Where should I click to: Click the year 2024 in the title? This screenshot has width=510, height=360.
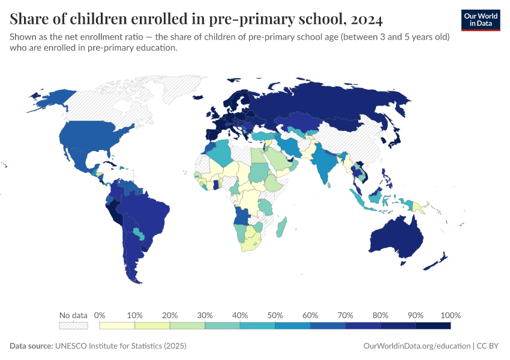(x=364, y=20)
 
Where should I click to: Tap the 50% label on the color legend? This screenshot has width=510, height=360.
(x=275, y=315)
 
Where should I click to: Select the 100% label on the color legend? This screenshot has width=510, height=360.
(x=450, y=315)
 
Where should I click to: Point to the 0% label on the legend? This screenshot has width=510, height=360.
(x=100, y=315)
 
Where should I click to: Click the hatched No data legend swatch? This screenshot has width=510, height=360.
(x=73, y=325)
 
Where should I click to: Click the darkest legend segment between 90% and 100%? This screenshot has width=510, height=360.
(x=433, y=325)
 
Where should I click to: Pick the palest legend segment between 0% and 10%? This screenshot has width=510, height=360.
(x=118, y=325)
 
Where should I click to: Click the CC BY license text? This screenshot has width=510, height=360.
(x=489, y=346)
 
